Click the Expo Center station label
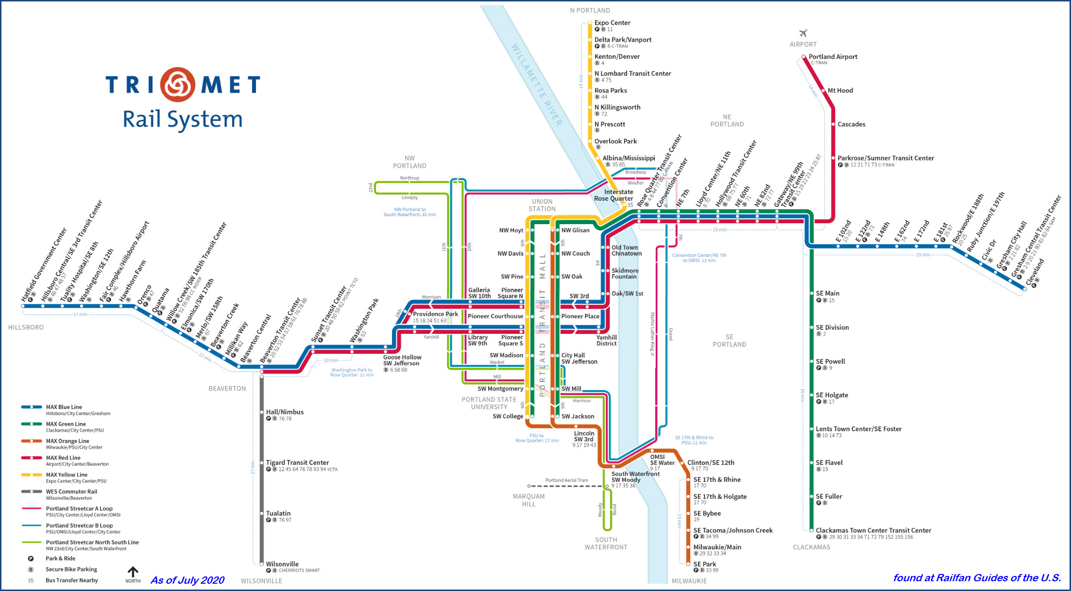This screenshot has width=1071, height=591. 612,23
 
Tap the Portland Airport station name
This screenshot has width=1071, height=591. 833,57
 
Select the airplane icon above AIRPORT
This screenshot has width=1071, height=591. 803,33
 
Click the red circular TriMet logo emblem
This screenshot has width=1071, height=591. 178,84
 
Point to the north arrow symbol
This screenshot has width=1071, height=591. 133,572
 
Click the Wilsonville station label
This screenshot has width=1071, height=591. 282,564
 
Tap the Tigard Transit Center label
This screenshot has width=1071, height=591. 297,462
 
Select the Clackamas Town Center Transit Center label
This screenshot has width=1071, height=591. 873,530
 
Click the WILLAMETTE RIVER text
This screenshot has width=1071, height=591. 537,85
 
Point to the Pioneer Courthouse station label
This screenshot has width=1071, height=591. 495,316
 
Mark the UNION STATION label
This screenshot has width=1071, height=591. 542,205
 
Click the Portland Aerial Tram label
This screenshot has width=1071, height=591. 566,480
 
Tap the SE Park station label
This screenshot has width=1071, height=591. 704,564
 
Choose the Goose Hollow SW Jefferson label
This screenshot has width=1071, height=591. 402,360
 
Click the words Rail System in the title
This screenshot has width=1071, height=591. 183,119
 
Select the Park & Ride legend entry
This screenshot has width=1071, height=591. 60,558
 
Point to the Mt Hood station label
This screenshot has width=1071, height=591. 840,91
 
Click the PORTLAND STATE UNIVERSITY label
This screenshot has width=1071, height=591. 489,403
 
